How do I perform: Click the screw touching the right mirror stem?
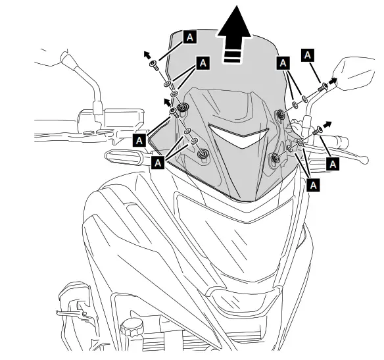(x=323, y=87)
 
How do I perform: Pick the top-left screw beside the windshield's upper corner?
(x=153, y=64)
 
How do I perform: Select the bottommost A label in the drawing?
(x=314, y=186)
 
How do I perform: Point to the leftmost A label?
(x=139, y=140)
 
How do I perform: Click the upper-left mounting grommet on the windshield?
(x=182, y=107)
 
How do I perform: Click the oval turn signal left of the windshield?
(x=122, y=157)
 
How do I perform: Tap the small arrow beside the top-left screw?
(x=147, y=54)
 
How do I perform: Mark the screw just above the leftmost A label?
(x=174, y=113)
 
